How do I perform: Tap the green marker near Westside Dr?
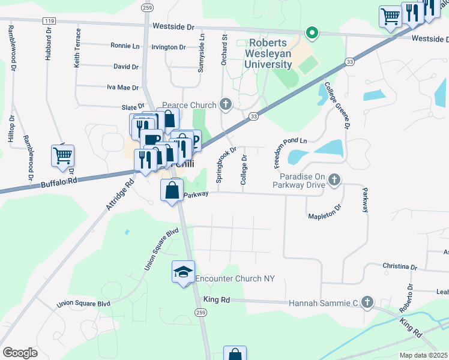tap(311, 32)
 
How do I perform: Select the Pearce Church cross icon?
tap(226, 106)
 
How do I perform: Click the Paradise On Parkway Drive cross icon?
tap(335, 179)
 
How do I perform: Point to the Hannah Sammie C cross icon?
tap(367, 304)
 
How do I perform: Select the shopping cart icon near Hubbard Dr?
tap(62, 156)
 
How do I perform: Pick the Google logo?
tap(20, 353)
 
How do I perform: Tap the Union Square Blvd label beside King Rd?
tap(83, 304)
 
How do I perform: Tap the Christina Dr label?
tap(400, 266)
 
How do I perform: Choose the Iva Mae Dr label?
tap(122, 88)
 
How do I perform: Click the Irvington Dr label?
tap(169, 47)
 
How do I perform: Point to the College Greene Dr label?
tap(337, 106)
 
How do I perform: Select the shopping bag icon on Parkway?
tap(172, 191)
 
